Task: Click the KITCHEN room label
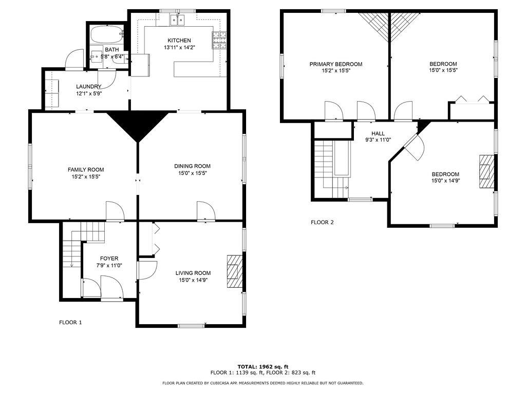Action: tap(179, 41)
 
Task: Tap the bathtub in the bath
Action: tap(106, 35)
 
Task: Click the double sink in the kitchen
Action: tap(178, 20)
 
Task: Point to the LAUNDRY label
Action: tap(88, 87)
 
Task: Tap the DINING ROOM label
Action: tap(192, 166)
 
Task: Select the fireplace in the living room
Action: tap(234, 272)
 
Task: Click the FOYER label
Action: tap(109, 259)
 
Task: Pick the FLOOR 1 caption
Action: tap(70, 323)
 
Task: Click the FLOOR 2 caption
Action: tap(322, 223)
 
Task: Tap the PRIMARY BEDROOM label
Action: tap(335, 64)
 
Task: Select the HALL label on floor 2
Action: tap(378, 133)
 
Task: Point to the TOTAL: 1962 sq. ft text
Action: tap(262, 366)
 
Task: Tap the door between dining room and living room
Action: tap(205, 211)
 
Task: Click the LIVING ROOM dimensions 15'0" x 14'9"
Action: tap(193, 280)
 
